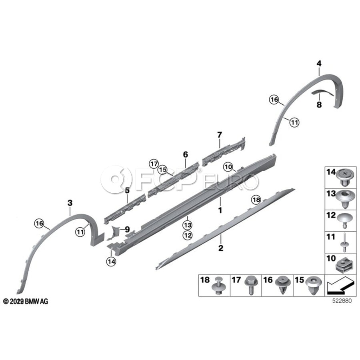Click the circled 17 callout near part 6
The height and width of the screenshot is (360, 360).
(154, 164)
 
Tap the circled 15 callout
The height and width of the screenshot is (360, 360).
(162, 170)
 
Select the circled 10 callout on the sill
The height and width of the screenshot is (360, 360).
(228, 167)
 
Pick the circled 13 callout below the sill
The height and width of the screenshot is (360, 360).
(188, 225)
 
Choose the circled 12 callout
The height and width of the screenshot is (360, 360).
(188, 235)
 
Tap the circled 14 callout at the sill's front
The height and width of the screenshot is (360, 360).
(111, 261)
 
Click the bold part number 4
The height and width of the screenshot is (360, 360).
(319, 64)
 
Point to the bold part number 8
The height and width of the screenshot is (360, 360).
(319, 105)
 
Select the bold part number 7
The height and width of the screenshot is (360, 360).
(220, 135)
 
